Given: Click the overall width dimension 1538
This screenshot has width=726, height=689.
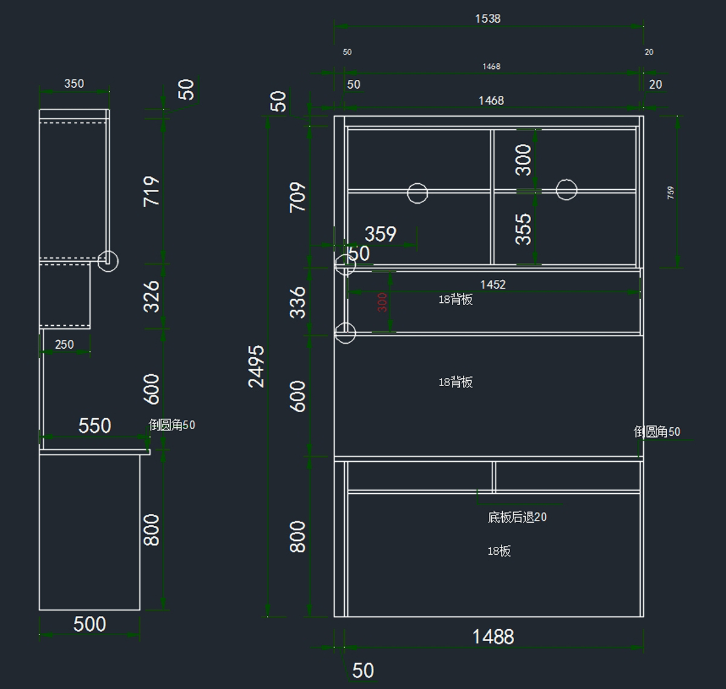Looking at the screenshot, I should tap(488, 19).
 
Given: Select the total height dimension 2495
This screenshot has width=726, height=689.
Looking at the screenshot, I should tap(257, 366).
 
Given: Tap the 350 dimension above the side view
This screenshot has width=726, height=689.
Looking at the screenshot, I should tap(74, 83).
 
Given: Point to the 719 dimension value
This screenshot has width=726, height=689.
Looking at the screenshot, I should tap(152, 191).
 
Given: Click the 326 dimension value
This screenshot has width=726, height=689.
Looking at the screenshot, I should tap(152, 296).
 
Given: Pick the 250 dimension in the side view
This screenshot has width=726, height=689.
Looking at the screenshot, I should tap(64, 344).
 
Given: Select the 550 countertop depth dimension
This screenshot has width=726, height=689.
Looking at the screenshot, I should tap(94, 425).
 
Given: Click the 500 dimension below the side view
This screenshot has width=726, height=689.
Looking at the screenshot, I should tap(90, 624).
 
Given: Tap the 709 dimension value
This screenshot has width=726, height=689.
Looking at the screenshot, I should tap(298, 196).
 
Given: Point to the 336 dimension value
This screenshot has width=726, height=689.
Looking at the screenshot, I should tap(298, 302).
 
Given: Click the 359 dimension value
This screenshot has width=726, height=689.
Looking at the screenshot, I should tap(381, 234).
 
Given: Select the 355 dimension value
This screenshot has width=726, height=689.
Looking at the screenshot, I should tap(523, 228).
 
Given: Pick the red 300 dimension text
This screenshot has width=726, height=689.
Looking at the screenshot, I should tap(382, 302).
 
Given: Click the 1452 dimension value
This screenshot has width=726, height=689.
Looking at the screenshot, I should tap(492, 284).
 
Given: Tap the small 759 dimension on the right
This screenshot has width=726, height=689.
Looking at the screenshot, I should tap(670, 193).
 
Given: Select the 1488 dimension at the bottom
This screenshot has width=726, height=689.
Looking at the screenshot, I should tap(493, 636).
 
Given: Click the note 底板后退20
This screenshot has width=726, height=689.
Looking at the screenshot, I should tap(517, 517).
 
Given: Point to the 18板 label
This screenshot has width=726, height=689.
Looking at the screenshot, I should tap(499, 551).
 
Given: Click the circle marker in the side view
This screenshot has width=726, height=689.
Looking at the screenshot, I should tap(108, 261).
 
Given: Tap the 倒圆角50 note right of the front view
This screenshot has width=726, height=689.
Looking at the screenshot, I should tap(657, 432).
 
